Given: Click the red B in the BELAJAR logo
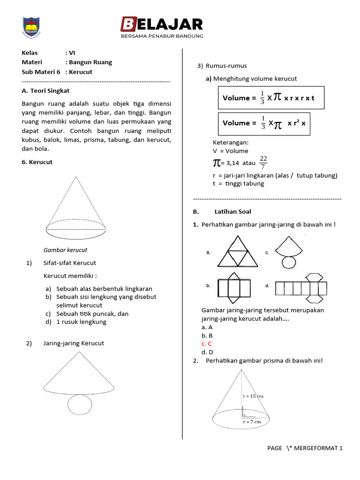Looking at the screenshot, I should point(128,24).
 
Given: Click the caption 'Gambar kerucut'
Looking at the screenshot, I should point(65,250).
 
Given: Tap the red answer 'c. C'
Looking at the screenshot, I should point(207,344).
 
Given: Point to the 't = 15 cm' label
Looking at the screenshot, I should point(253,396).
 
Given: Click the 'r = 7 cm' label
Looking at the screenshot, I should point(252,422).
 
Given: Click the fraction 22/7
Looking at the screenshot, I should point(263,163).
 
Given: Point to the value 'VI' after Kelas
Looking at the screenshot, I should point(72,52).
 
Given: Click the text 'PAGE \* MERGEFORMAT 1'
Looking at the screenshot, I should point(305,448).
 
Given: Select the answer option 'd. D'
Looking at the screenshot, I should point(207,352).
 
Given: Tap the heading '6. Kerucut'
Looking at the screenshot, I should point(37,162).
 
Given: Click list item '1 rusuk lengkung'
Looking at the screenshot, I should point(81,322).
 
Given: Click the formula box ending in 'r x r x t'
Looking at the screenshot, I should point(270,97).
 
